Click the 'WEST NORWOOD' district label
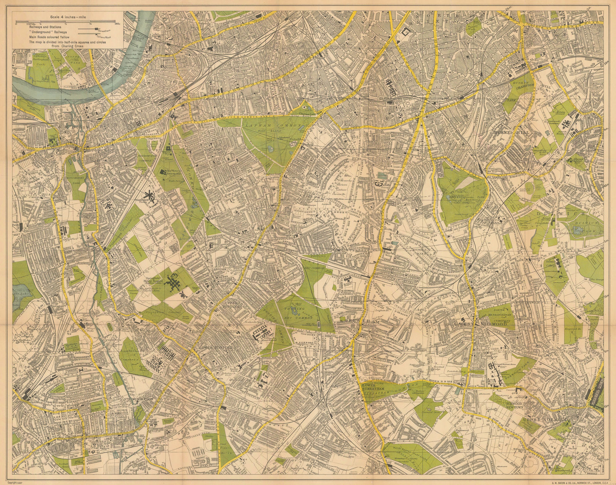pyautogui.click(x=487, y=324)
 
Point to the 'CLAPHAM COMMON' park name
pyautogui.click(x=262, y=125)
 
